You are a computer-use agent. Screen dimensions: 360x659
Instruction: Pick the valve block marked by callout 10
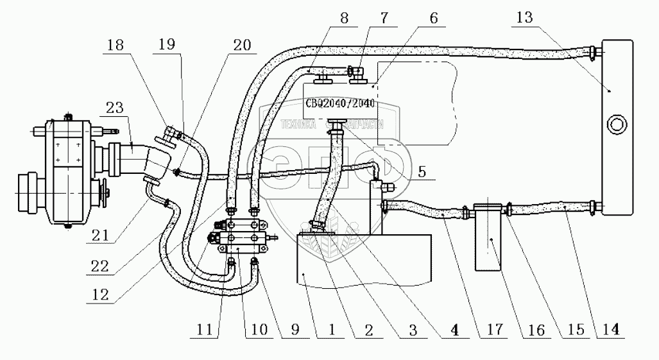(244, 237)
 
